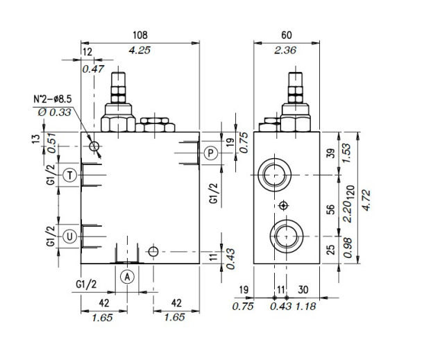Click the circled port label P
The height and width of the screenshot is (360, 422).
click(211, 152)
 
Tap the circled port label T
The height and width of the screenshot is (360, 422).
click(69, 175)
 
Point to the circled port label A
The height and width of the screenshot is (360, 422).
click(127, 276)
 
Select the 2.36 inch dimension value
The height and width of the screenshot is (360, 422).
click(287, 49)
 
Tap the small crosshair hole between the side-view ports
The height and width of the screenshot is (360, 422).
click(282, 206)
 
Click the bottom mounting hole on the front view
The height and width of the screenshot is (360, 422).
click(153, 251)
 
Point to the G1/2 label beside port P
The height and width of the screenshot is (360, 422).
click(214, 191)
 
